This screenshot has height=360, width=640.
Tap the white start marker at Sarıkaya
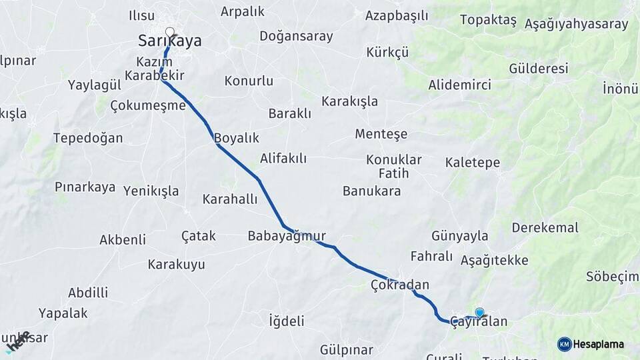pos(169,31)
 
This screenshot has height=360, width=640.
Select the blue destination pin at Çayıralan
pos(479,311)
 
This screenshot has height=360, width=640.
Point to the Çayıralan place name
pos(479,322)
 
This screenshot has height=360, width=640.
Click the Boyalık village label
pos(236,138)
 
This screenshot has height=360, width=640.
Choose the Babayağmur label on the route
pos(287,236)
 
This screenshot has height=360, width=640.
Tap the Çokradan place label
pos(400,285)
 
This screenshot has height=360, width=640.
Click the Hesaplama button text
pos(599,344)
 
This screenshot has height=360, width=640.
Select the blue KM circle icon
pos(564,344)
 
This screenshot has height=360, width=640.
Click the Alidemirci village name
pos(459,85)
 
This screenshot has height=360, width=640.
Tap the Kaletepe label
pos(473,162)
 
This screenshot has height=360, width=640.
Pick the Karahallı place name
pos(230,199)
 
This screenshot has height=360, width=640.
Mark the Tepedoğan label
pos(88,138)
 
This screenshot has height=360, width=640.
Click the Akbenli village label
pos(123,239)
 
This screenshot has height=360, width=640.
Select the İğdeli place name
pos(286,321)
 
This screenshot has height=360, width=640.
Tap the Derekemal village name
pos(545,227)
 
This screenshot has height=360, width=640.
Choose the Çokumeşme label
pos(147,105)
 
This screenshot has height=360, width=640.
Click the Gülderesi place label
pos(538,69)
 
